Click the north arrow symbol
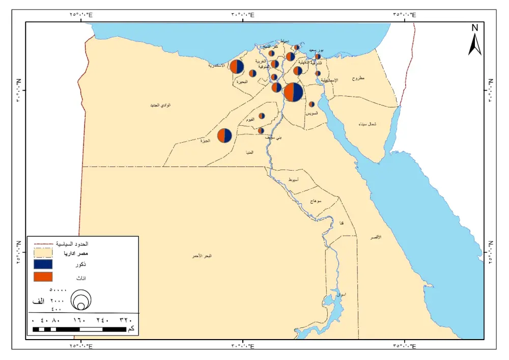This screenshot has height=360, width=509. [x=474, y=41]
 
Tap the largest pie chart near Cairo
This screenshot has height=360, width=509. [x=294, y=92]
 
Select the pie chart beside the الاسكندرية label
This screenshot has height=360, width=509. [x=237, y=67]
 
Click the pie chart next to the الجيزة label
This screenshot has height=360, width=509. [x=224, y=135]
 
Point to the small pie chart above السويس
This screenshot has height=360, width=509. [x=312, y=104]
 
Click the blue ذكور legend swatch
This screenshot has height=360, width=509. [x=43, y=264]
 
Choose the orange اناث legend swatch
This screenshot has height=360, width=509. [x=43, y=276]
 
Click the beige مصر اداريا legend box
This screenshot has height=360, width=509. [x=43, y=253]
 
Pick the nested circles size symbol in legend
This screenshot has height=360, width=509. [x=80, y=300]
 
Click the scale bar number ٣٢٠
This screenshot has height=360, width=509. [x=125, y=320]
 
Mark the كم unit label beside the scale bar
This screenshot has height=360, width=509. [x=131, y=329]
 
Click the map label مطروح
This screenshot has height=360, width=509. [x=358, y=78]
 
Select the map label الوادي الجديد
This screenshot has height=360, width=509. [x=160, y=105]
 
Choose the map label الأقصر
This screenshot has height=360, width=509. [x=376, y=237]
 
